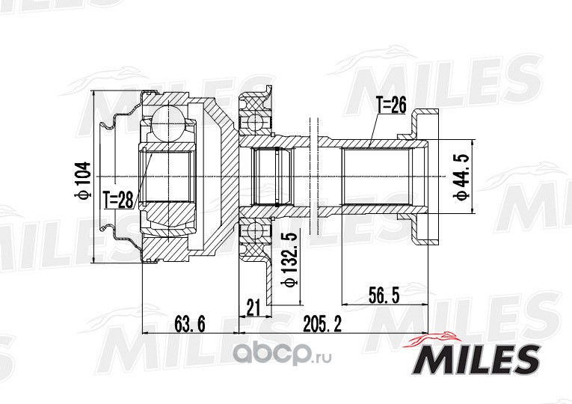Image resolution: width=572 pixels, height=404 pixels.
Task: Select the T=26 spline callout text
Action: (391, 105)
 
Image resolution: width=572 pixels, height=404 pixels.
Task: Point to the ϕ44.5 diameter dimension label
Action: (461, 177)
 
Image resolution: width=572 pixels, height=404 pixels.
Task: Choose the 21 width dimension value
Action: (253, 307)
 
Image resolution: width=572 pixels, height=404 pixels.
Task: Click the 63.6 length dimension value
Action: (189, 323)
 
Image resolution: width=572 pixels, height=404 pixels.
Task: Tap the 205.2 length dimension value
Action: (322, 323)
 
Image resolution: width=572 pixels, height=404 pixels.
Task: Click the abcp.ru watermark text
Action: (282, 354)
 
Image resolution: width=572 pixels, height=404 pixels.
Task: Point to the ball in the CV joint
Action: (167, 122)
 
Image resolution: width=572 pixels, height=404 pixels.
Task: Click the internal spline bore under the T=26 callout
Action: (375, 177)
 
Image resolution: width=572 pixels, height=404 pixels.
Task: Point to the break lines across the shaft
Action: (314, 177)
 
